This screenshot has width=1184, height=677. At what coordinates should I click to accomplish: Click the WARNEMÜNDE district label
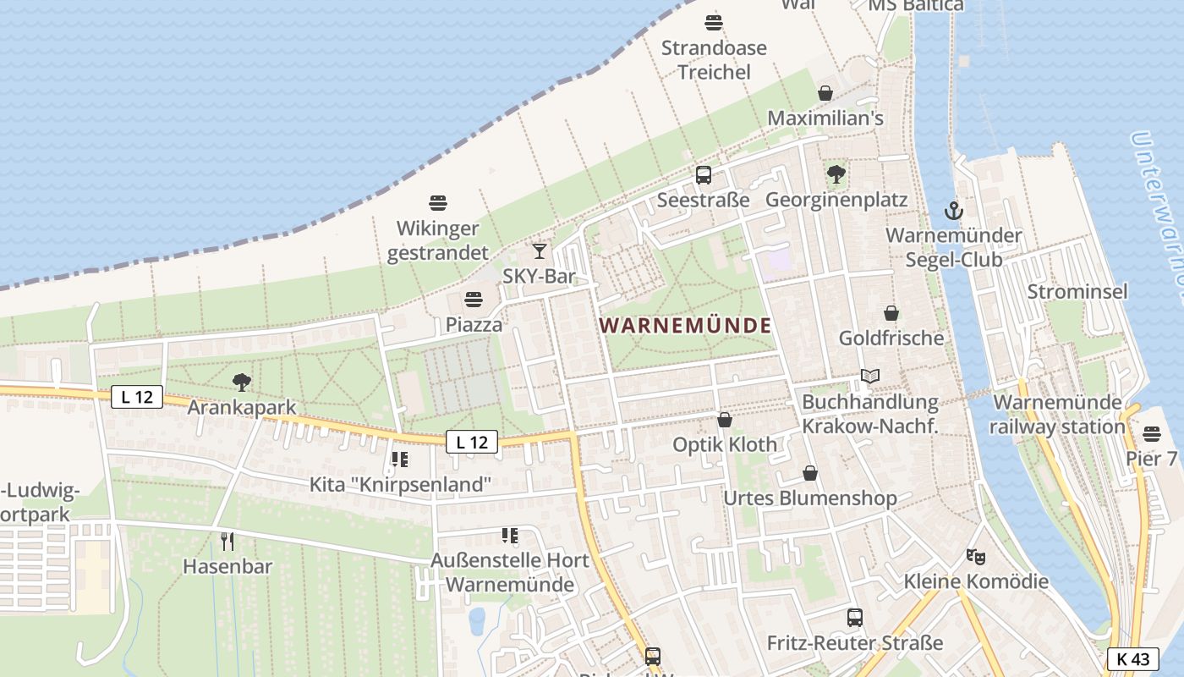tap(686, 325)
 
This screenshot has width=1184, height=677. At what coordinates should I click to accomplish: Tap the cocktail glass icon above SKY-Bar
tap(539, 250)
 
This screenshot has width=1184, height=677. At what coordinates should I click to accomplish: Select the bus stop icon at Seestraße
tap(703, 175)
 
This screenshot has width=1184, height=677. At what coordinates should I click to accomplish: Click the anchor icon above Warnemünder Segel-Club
tap(953, 210)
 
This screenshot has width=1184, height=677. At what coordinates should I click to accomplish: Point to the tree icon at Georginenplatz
tap(836, 175)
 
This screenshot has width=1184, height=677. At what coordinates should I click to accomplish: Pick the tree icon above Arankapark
tap(242, 383)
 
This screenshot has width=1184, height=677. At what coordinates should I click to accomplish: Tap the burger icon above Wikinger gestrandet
tap(437, 203)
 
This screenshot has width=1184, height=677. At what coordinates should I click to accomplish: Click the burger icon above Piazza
tap(474, 300)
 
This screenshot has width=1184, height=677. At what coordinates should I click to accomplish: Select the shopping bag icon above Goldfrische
tap(891, 313)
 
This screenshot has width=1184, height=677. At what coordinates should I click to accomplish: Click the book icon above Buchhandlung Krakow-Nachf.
tap(869, 376)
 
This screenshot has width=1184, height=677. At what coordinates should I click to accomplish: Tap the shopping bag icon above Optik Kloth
tap(725, 419)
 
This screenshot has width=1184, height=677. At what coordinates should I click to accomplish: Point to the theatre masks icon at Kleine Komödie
tap(976, 557)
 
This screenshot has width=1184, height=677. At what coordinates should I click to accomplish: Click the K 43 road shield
tap(1132, 658)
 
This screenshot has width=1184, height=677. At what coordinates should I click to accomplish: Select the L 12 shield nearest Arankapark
tap(136, 396)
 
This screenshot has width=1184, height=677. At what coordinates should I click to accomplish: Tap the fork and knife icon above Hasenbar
tap(227, 541)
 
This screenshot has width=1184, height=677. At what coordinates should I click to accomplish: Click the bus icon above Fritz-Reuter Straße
tap(854, 618)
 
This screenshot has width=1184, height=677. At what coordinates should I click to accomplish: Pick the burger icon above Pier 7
tap(1151, 434)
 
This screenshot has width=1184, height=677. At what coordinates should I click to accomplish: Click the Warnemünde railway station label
tap(1057, 414)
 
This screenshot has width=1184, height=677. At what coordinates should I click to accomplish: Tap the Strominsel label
tap(1077, 292)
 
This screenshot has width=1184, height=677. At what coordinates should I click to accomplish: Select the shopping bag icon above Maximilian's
tap(825, 93)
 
